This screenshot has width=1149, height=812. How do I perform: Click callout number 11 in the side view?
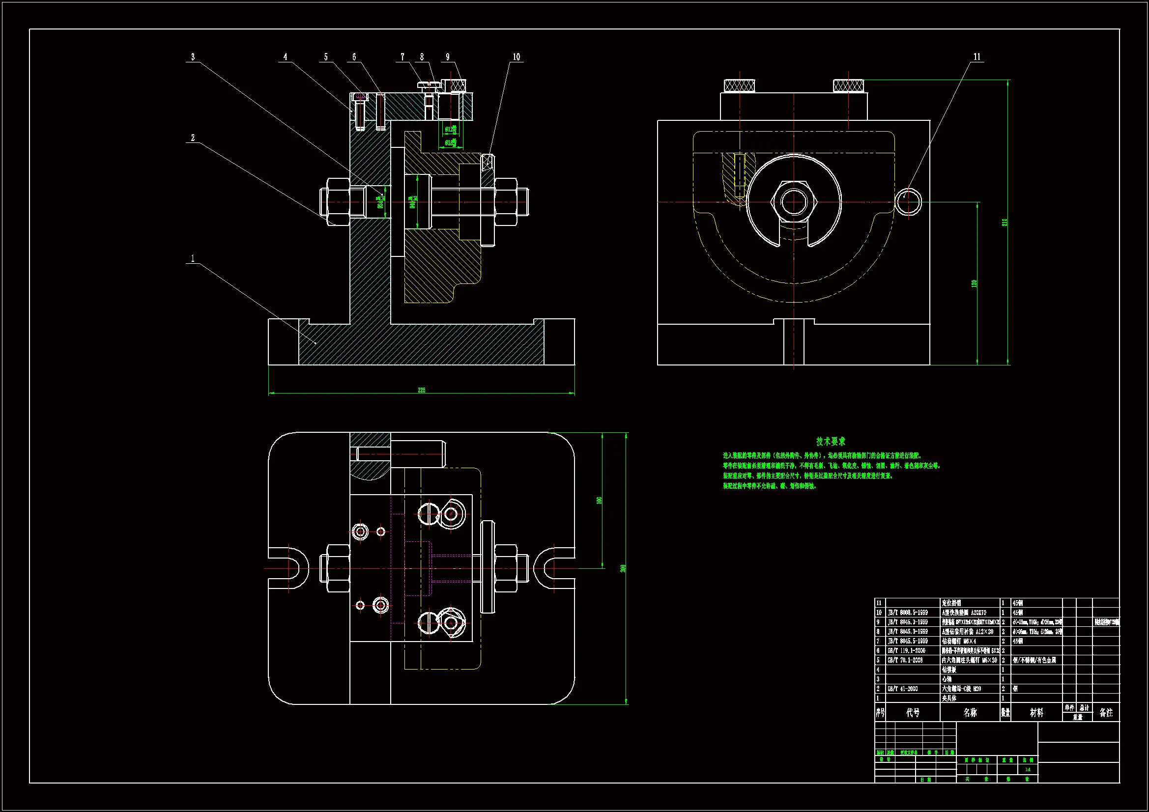pos(977,57)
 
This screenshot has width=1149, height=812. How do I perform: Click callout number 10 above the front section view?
pos(516,57)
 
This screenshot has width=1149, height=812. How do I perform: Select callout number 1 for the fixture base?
pos(193,259)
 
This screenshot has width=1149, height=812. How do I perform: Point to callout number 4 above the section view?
pos(285,57)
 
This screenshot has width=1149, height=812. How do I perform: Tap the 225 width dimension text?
pos(421,390)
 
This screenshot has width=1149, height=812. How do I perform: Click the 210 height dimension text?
pos(1004,222)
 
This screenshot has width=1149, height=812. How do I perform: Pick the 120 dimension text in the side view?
pos(974,283)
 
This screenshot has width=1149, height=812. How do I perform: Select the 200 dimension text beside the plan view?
pos(623,568)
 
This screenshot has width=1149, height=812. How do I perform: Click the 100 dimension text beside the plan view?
pos(599,500)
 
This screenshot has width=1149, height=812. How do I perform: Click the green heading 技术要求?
pos(831,441)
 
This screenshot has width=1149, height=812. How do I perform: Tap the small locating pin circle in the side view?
pos(908,202)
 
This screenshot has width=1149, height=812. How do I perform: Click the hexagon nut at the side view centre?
pos(794,202)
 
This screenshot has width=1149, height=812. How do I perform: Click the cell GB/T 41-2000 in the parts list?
pos(903,689)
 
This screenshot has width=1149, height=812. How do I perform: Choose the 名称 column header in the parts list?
pos(970,712)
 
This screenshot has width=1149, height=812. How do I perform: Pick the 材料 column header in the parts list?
pos(1036,712)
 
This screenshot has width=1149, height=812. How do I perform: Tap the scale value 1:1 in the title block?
pos(1028,769)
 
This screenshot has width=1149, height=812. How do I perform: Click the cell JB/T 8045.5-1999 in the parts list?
pos(907,641)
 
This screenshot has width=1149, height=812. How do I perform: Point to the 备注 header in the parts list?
pos(1106,712)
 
